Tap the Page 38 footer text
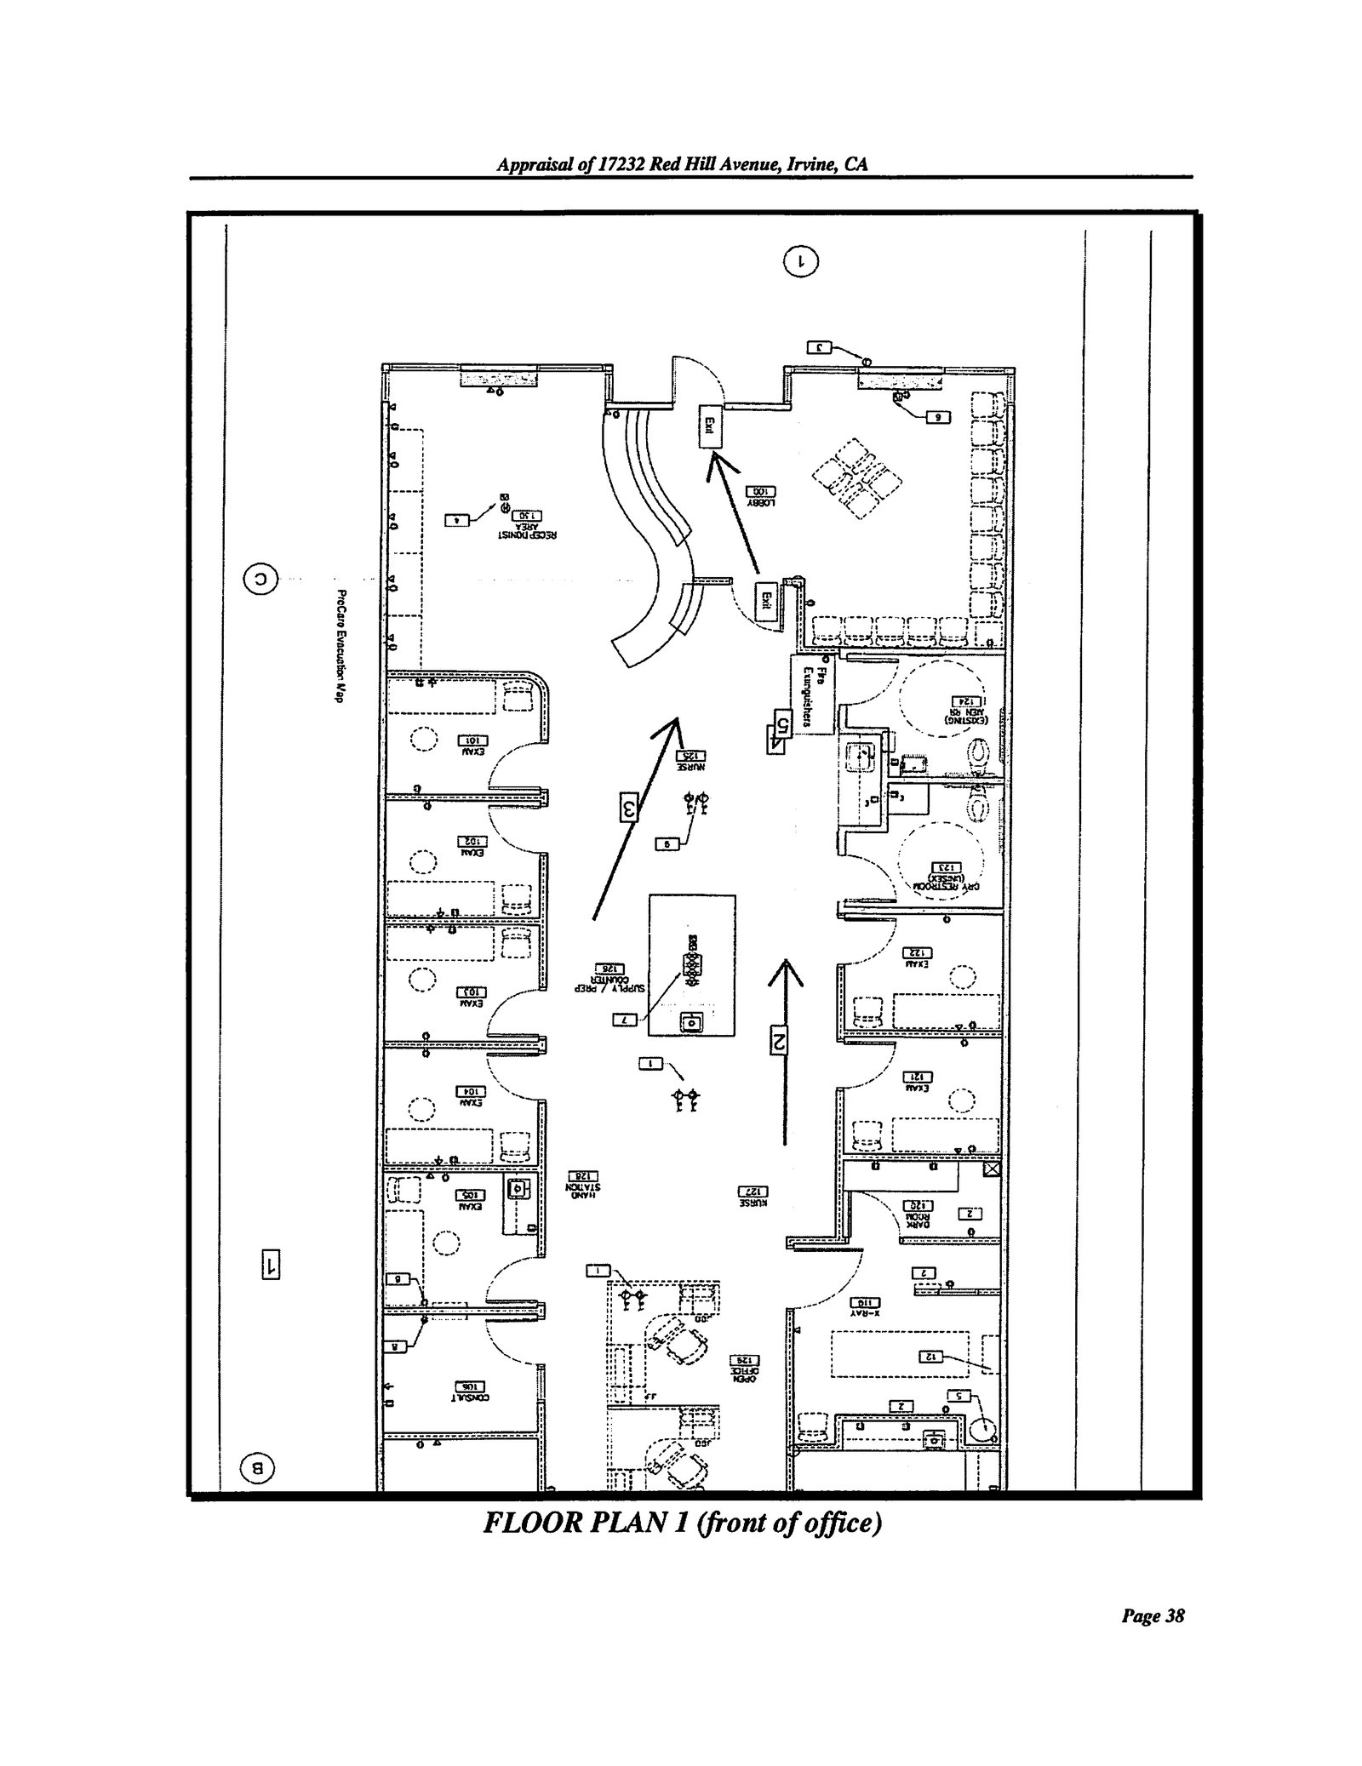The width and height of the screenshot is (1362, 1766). (1153, 1664)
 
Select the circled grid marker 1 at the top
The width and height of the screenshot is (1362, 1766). (801, 260)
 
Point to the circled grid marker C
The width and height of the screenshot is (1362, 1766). (261, 580)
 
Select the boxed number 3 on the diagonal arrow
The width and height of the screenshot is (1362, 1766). (628, 808)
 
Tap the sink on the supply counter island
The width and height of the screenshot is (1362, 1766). (692, 1022)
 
